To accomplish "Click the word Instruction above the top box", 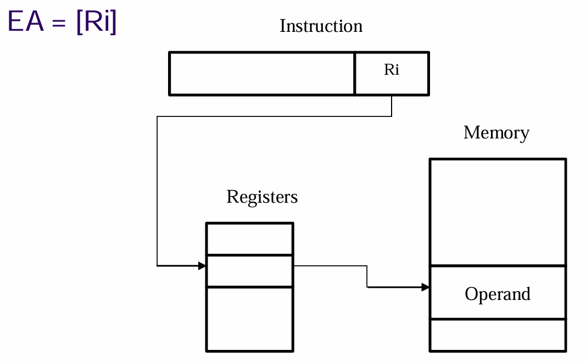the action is click(321, 26).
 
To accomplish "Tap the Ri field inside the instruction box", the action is click(392, 74).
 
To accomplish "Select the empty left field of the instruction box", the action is click(261, 74).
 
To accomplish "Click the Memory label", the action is click(496, 133).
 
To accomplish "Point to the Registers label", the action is click(262, 197).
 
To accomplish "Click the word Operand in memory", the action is click(498, 294).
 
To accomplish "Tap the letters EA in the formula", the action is click(26, 21).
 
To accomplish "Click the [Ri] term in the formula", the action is click(97, 21).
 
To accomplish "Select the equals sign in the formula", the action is click(59, 23).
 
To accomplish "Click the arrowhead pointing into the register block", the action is click(202, 266).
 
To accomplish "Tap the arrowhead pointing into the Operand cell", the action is click(425, 287).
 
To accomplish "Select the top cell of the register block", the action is click(250, 239).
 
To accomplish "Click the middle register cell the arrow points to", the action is click(250, 271).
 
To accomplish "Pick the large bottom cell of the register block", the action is click(250, 319).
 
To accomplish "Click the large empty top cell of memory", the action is click(498, 213).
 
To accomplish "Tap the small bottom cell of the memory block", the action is click(498, 335).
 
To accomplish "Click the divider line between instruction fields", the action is click(355, 74).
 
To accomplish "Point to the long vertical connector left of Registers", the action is click(157, 191).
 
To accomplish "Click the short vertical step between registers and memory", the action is click(367, 277).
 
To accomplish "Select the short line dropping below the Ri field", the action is click(392, 106).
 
